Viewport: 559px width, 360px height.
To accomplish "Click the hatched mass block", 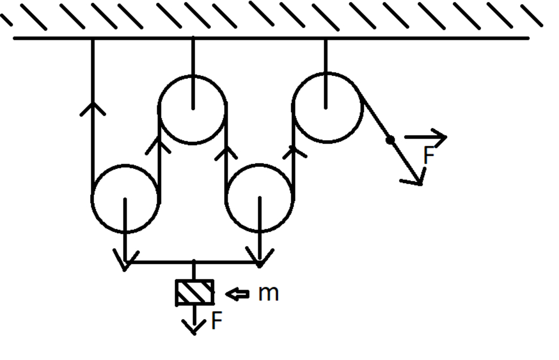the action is tap(195, 293).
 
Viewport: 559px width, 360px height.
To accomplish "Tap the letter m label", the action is tap(268, 293).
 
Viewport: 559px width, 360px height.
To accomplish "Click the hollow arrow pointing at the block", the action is tap(237, 294).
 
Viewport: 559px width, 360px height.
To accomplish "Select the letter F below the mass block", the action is tap(217, 320).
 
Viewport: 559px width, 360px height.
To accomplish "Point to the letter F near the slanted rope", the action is tap(429, 155).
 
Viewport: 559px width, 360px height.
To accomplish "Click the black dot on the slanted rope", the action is tap(390, 140).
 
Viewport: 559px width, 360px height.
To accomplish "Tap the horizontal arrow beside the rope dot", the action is tap(426, 137).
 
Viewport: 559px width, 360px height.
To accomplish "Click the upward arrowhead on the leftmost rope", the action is tap(93, 108).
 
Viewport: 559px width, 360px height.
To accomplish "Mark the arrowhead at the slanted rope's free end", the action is tap(415, 178).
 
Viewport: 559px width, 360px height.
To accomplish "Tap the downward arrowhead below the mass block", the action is tap(194, 327).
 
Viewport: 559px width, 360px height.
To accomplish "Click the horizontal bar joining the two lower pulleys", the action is tap(193, 262).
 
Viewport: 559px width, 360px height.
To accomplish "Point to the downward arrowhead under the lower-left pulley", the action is tap(125, 261).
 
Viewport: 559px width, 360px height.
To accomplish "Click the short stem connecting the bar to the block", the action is tap(194, 270).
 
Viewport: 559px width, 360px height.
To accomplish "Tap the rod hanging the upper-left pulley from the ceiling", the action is tap(193, 73).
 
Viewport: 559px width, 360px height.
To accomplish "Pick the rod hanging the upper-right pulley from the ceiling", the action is tap(326, 73).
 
